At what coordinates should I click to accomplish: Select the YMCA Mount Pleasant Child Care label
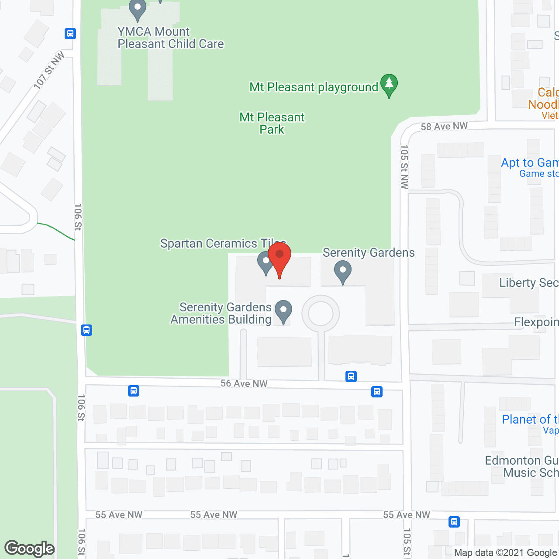pos(170,38)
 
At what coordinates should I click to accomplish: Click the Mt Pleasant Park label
pos(272,123)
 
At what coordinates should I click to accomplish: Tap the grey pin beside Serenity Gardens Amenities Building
pos(283,311)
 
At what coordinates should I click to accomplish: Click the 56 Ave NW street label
pos(244,383)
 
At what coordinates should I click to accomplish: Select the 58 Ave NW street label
pos(444,127)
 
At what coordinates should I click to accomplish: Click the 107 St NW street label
pos(49,70)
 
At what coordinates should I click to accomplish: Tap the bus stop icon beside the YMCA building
pos(70,34)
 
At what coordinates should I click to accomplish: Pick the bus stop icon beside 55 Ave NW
pos(454,521)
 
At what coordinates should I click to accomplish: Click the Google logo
pos(30,549)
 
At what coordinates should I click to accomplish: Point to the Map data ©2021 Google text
pos(506,553)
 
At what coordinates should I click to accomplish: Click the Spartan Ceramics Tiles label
pos(223,243)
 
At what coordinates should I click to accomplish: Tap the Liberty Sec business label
pos(528,283)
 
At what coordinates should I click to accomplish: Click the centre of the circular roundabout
pos(321,314)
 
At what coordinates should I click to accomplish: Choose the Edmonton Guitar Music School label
pos(522,466)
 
